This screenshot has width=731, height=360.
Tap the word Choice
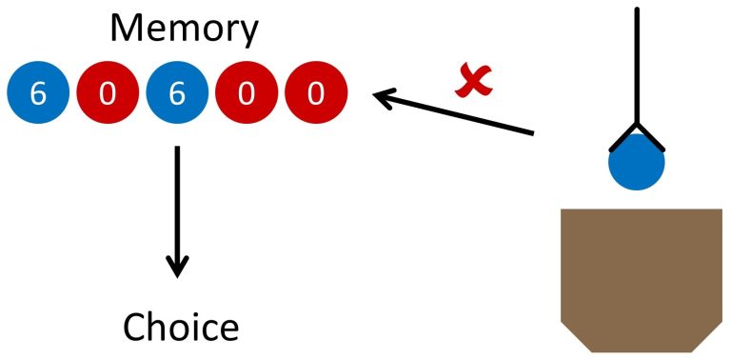click(x=181, y=327)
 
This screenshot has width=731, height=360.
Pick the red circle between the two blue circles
click(x=108, y=94)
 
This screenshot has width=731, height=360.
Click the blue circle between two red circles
click(x=177, y=94)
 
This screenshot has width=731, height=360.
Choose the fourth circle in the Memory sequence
click(x=247, y=94)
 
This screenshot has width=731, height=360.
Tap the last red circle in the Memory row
click(x=316, y=94)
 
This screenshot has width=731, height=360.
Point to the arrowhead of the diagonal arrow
click(x=382, y=96)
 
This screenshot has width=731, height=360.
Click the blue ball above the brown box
click(x=637, y=164)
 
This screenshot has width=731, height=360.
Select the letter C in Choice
click(x=134, y=327)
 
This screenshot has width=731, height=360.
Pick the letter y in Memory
click(x=247, y=34)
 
